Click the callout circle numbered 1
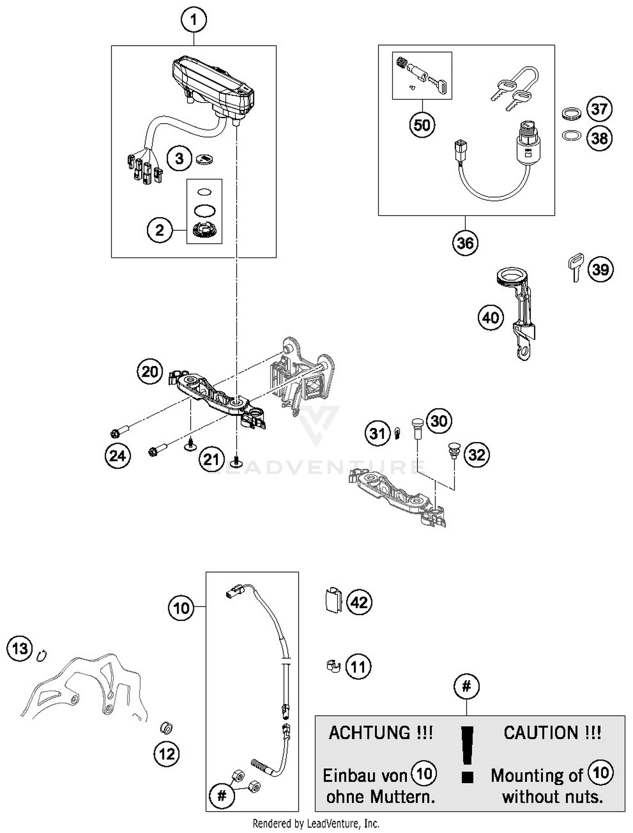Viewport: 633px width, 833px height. [194, 20]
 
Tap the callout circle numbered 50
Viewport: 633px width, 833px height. [422, 125]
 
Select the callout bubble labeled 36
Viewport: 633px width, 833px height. [465, 243]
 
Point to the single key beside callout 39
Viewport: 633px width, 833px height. [576, 267]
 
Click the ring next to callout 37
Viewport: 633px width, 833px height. [572, 113]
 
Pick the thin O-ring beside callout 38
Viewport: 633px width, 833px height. [572, 135]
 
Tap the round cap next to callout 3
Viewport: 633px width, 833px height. [206, 159]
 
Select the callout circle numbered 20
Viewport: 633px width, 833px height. [150, 371]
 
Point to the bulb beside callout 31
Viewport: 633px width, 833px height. [397, 433]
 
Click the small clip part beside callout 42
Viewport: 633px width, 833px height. [333, 600]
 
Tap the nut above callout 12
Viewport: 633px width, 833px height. [166, 728]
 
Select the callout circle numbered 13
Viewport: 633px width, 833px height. [20, 648]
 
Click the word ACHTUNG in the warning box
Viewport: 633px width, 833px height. [369, 733]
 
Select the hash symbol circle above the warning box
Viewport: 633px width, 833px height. [466, 687]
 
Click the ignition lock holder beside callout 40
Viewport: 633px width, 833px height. [519, 312]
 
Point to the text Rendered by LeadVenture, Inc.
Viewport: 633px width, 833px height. [316, 823]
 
